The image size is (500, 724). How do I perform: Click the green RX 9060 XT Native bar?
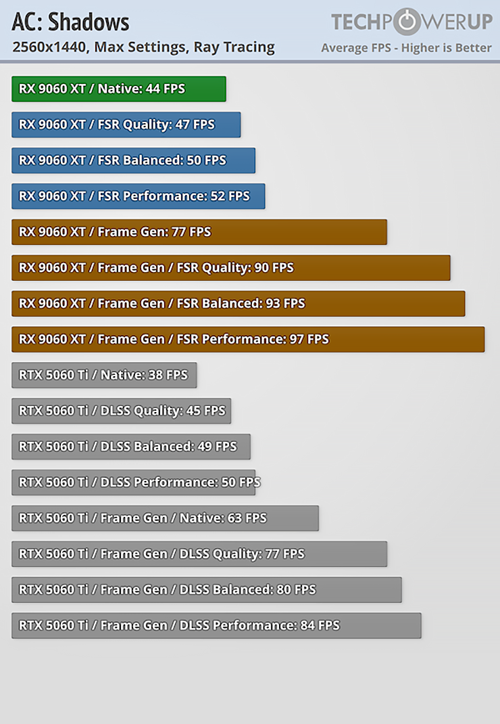coord(118,89)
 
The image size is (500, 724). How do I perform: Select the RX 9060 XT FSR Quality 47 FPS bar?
coord(126,125)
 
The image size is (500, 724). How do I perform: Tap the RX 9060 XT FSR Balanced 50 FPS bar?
coord(133,160)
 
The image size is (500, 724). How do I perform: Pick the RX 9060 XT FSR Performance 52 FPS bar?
coord(138,196)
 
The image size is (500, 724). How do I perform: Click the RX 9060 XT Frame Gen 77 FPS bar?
coord(199,232)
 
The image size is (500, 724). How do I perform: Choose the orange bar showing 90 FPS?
coord(230,268)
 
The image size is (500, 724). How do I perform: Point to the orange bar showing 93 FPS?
coord(238,304)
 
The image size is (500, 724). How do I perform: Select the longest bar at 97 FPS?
coord(248,340)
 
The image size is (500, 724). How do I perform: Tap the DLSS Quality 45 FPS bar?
coord(121,411)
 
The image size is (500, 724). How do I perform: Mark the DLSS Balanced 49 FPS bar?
coord(130,447)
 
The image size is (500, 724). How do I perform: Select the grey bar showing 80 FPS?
coord(206,590)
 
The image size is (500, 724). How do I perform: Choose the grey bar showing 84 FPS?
coord(216,626)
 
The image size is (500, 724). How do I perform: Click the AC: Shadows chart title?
coord(70,23)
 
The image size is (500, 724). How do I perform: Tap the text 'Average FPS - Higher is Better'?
coord(406,48)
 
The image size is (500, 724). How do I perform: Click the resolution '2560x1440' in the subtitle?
coord(51,47)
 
